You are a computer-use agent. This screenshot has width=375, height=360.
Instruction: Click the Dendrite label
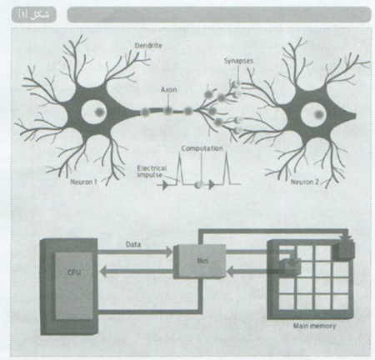point(148,46)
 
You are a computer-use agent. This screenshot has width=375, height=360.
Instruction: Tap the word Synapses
point(238,61)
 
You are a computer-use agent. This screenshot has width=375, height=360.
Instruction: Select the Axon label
point(168,89)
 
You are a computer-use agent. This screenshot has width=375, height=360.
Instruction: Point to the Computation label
point(202,148)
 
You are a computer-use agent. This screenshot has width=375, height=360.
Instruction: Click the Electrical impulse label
point(152,172)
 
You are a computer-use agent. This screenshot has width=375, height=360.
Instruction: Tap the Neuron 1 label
point(83,182)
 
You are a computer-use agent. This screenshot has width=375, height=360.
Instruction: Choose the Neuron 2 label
point(304,182)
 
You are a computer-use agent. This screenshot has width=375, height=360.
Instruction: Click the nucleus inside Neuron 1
point(99,112)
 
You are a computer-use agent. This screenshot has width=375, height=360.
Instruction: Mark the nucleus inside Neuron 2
point(319,114)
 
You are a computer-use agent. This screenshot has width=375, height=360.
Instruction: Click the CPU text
point(74,272)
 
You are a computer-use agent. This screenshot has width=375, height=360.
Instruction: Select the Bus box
point(200,261)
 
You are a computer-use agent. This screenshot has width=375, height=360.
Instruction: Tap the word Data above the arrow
point(133,244)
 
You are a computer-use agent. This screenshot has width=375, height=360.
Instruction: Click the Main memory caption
point(314,326)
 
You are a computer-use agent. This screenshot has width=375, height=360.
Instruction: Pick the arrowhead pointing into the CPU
point(102,271)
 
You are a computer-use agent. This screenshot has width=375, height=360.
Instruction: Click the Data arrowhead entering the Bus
point(169,252)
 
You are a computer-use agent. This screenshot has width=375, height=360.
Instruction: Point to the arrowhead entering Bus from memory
point(230,272)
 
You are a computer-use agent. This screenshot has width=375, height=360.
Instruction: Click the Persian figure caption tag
point(34,15)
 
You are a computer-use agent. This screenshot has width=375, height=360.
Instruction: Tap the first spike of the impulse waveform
point(179,168)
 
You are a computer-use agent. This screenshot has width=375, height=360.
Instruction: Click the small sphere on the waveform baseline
point(198,185)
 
